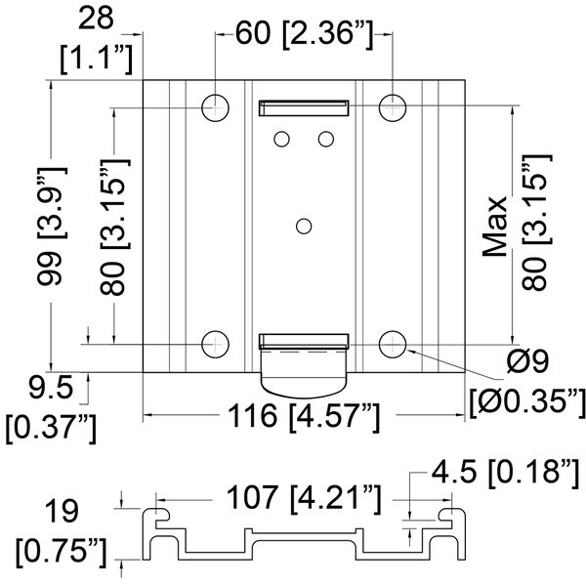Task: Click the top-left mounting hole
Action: pyautogui.click(x=215, y=108)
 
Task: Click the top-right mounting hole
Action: pyautogui.click(x=393, y=108)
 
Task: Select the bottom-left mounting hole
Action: pyautogui.click(x=215, y=344)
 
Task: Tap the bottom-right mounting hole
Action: pyautogui.click(x=393, y=344)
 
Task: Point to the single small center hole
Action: pyautogui.click(x=304, y=227)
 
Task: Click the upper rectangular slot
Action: pyautogui.click(x=304, y=108)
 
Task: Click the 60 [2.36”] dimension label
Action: pyautogui.click(x=304, y=33)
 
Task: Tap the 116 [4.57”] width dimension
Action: pyautogui.click(x=304, y=417)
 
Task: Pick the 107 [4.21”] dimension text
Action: pyautogui.click(x=304, y=498)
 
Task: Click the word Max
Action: pyautogui.click(x=494, y=227)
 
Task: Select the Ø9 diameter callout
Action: pyautogui.click(x=527, y=361)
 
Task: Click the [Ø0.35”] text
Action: pyautogui.click(x=527, y=402)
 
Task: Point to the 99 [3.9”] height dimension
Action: pyautogui.click(x=52, y=227)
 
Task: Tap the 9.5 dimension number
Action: pyautogui.click(x=51, y=387)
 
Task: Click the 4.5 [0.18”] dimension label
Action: pyautogui.click(x=506, y=473)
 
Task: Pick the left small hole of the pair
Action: pyautogui.click(x=281, y=139)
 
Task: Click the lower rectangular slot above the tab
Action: pyautogui.click(x=304, y=341)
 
